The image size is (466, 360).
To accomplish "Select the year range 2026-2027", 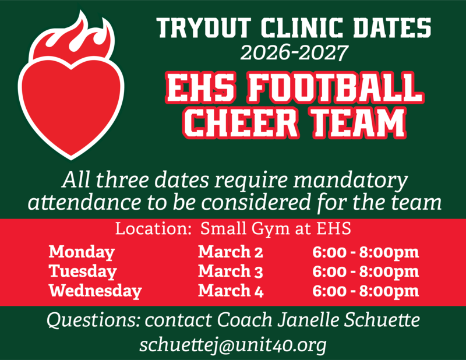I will click(294, 53).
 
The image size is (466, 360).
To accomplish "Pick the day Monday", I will click(82, 252).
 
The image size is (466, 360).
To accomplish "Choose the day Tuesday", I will click(83, 271).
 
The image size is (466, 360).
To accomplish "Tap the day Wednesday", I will click(95, 290).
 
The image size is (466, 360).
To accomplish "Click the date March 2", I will click(231, 252).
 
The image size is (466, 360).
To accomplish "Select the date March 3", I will click(231, 271).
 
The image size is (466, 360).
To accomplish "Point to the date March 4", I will click(231, 290).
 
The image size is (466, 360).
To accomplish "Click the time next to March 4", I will click(365, 290).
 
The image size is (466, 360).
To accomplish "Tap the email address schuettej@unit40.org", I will click(232, 344).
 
